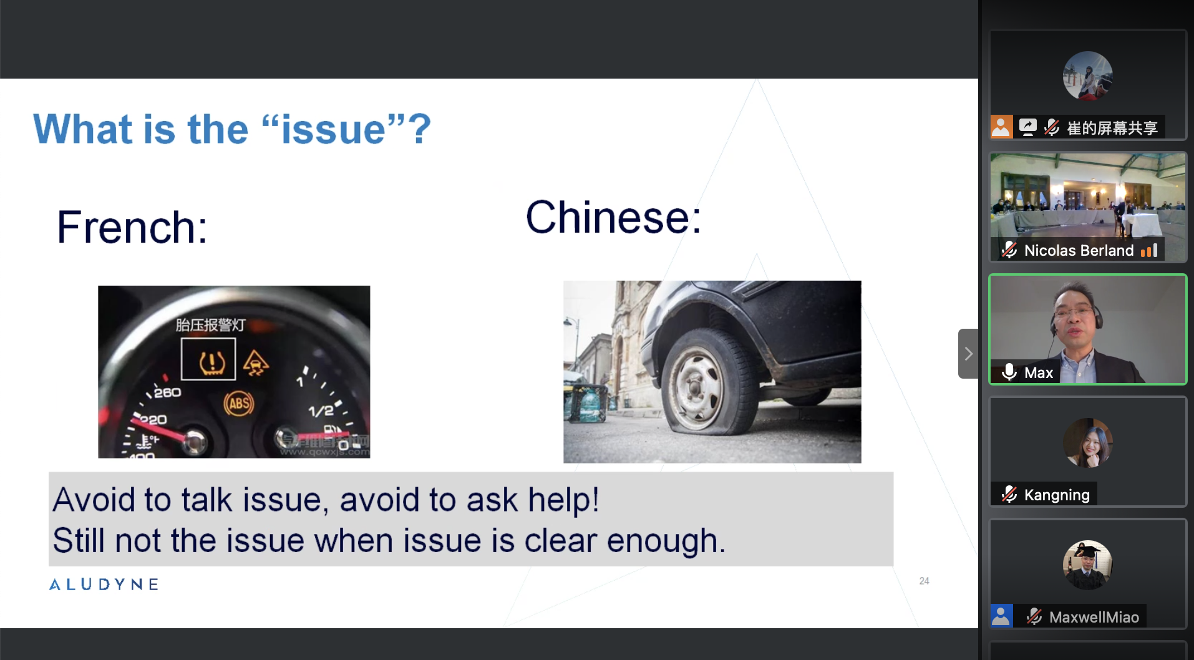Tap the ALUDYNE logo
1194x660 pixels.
104,585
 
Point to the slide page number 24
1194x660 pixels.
924,581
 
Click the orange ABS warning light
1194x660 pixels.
239,404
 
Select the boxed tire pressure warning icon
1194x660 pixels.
208,359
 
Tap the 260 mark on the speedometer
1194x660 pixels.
167,392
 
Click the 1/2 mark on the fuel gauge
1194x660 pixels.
320,411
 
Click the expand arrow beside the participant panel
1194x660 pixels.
968,354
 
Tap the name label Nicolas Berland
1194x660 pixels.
1079,250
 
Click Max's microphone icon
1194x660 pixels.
1009,372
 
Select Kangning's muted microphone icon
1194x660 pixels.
1009,495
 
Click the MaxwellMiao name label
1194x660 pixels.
1094,617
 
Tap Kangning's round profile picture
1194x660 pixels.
1088,443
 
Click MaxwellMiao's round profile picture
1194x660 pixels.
1088,565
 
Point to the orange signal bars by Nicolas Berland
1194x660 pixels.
1149,250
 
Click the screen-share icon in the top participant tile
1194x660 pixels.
1027,127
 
